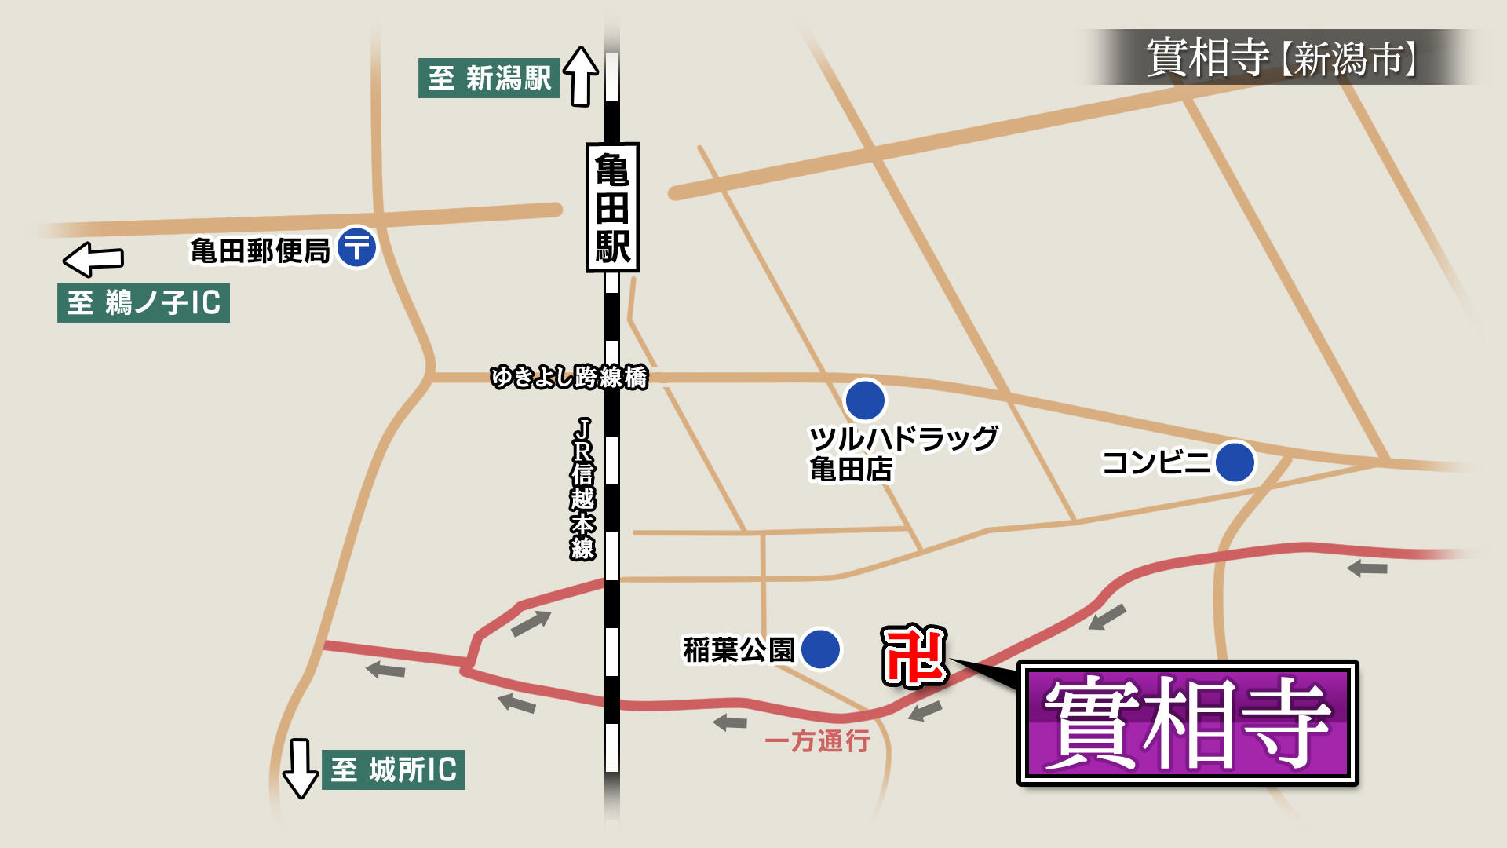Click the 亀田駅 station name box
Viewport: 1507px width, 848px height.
click(x=612, y=207)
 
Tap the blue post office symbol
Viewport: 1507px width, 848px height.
click(x=357, y=248)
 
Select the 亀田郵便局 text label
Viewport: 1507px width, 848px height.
click(x=260, y=251)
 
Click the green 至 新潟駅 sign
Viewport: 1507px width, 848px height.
click(x=488, y=78)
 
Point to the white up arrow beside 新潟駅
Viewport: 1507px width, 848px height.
click(x=581, y=75)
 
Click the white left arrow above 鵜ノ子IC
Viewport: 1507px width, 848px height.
click(x=93, y=258)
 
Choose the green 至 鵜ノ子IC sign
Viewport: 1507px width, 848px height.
click(x=144, y=302)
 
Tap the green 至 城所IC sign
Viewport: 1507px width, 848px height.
click(x=393, y=769)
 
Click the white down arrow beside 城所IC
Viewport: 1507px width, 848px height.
click(x=300, y=768)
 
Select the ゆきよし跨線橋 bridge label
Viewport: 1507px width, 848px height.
click(x=569, y=378)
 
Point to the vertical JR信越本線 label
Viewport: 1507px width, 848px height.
click(x=582, y=488)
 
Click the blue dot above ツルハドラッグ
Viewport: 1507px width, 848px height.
click(x=865, y=400)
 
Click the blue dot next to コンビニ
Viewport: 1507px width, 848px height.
click(x=1235, y=462)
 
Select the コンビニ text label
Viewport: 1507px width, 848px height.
click(x=1156, y=462)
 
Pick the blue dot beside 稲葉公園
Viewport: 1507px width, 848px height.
click(x=820, y=649)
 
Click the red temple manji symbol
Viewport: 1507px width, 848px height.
click(x=914, y=656)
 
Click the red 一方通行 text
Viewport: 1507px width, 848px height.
click(x=817, y=740)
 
